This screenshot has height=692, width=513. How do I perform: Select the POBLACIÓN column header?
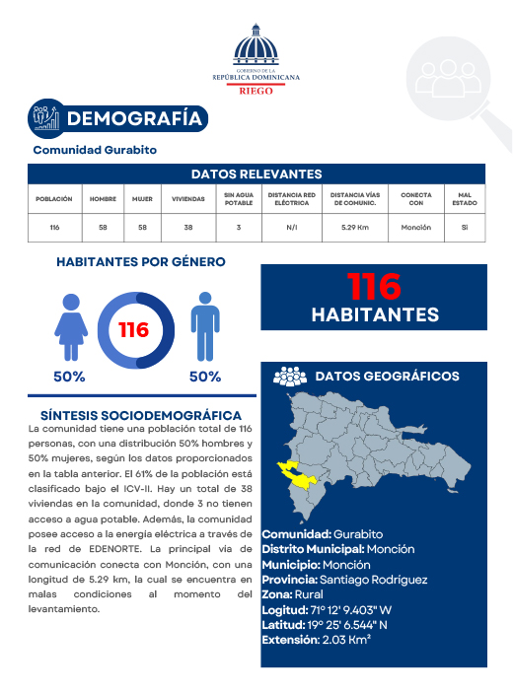pos(54,198)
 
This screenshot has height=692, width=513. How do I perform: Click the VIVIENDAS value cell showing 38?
pos(188,228)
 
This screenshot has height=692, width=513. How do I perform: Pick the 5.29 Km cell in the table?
pos(355,228)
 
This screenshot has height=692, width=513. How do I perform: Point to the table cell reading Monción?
pos(416,228)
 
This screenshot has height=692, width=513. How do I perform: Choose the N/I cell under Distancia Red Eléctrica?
pos(292,228)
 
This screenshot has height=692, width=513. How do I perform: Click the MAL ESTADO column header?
pos(464,198)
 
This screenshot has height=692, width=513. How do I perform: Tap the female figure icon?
pos(70,328)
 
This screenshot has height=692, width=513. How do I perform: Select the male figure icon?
pos(204,328)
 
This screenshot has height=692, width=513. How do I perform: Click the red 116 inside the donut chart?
pos(134,329)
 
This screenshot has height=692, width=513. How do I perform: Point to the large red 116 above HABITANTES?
pos(374,287)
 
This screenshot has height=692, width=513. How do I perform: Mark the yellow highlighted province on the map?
pos(297,475)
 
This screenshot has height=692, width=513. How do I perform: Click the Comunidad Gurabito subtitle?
pos(95,150)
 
